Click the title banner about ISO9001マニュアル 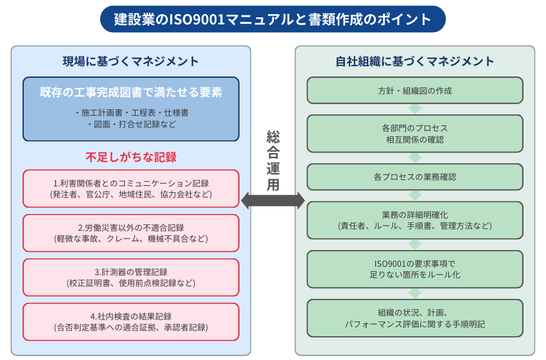[272, 19]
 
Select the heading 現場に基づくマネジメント [130, 61]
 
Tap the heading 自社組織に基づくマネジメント [415, 61]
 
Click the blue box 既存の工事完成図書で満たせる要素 [131, 109]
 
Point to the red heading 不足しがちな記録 [131, 157]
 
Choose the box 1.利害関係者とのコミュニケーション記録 [131, 188]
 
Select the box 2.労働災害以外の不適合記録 [131, 233]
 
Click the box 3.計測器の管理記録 [131, 278]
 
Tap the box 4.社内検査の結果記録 [131, 321]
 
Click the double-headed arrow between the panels [273, 201]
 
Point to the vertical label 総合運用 [273, 161]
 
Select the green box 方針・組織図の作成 [415, 91]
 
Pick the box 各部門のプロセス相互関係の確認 [415, 134]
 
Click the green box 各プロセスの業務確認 [415, 177]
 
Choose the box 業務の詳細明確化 [415, 221]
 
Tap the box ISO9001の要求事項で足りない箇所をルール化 [415, 269]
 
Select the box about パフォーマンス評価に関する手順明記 [415, 318]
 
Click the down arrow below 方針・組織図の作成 [415, 109]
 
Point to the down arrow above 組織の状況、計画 [415, 293]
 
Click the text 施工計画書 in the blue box [101, 113]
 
